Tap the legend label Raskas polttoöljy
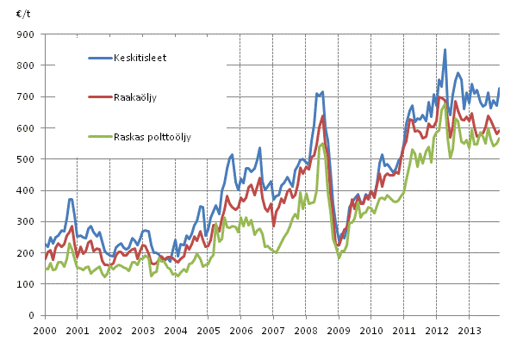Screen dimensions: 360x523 [155, 138]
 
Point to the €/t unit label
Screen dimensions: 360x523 [22, 15]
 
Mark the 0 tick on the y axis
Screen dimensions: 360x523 [34, 316]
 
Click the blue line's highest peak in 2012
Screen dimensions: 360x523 [445, 50]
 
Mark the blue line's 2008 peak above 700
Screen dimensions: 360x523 [323, 91]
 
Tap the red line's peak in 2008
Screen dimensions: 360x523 [323, 115]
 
